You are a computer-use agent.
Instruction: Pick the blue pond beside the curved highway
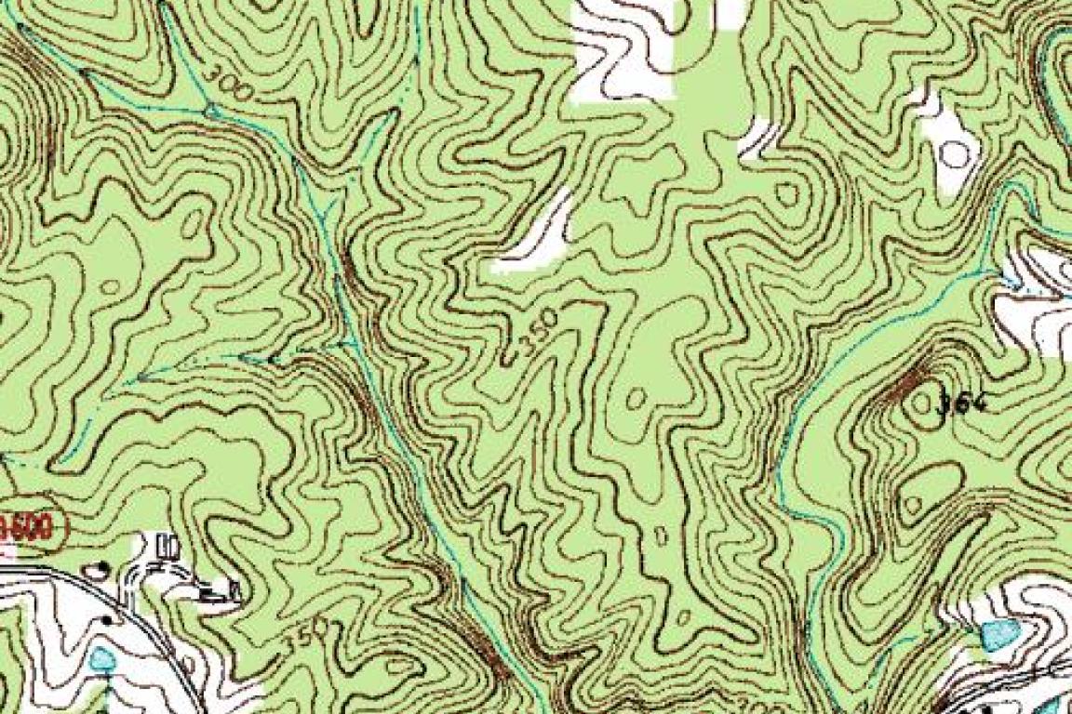coord(101,659)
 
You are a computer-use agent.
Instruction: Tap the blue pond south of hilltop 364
coord(999,635)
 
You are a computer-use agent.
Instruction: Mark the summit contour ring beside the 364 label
coord(924,406)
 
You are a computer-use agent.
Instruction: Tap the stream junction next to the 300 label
coord(212,112)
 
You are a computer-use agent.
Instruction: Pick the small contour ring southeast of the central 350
coord(636,398)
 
